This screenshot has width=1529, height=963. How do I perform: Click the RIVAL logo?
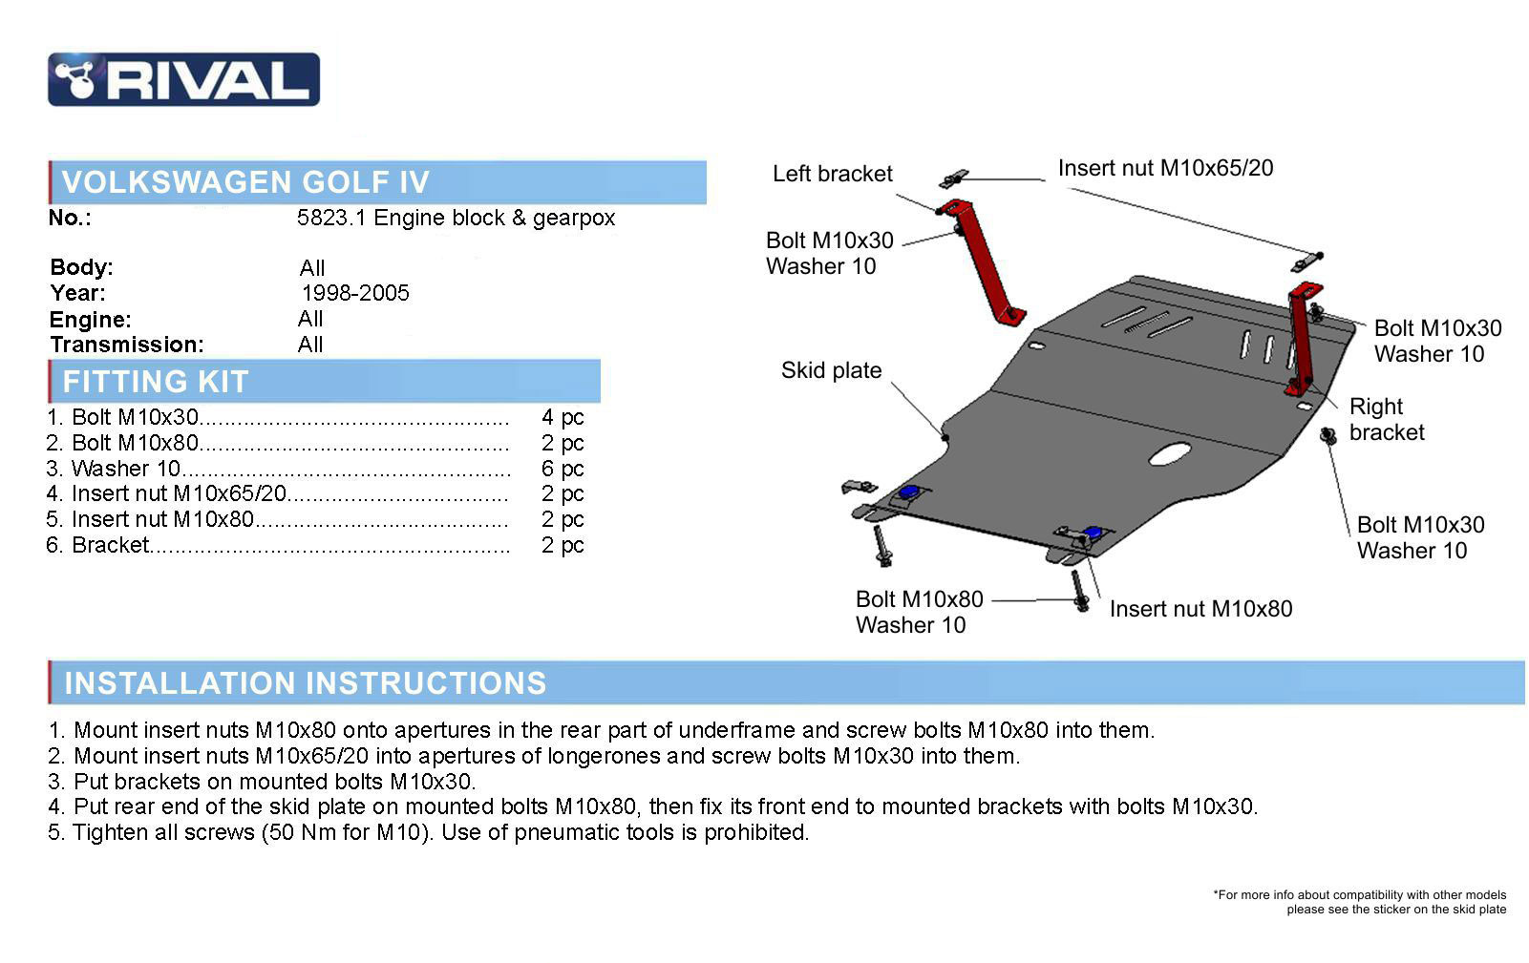(183, 79)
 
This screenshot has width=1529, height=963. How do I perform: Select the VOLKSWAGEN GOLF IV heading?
(245, 182)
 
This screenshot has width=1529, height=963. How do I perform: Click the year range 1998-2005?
(355, 293)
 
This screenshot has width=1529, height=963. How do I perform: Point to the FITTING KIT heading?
(156, 381)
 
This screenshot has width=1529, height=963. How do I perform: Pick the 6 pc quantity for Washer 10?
(563, 469)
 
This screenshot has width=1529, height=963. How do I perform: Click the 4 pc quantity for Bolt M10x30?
(563, 417)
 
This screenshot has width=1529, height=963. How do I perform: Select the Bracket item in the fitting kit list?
(110, 545)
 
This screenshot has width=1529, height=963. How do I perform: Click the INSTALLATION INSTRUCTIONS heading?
(305, 682)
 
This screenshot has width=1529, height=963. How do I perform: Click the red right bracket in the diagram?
(1303, 339)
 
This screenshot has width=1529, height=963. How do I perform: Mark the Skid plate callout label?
(832, 370)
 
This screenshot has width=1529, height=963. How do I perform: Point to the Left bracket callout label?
(832, 174)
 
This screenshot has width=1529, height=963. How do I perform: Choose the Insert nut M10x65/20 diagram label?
(1166, 168)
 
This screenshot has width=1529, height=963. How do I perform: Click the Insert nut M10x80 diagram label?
(1201, 608)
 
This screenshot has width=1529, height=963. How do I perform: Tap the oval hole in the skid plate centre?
(1170, 453)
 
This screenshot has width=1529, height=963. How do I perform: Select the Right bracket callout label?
(1387, 419)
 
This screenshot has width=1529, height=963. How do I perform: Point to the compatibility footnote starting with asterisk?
(1360, 902)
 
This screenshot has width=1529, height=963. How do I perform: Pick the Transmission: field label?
(127, 345)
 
